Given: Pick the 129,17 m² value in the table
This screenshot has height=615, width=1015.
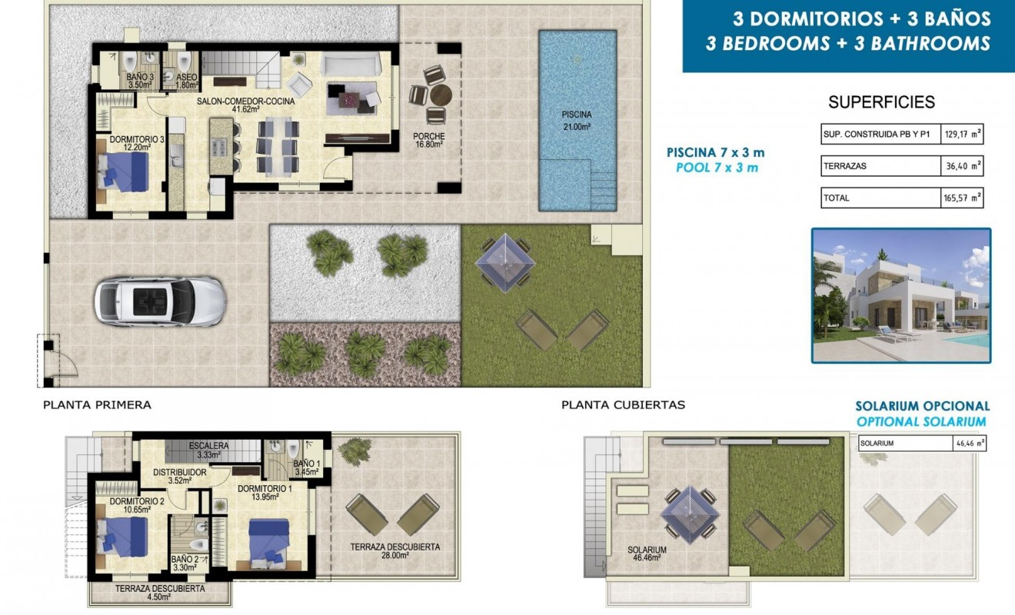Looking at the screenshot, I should coord(963,135).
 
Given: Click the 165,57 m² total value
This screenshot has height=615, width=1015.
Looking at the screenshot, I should coord(963,198).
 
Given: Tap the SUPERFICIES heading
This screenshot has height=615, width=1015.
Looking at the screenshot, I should coord(881,102).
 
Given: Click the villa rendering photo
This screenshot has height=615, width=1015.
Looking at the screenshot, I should coord(900,295).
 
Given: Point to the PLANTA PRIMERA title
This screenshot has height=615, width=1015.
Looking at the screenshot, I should coord(97,404).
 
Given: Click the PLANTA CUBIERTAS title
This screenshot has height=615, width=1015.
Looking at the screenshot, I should coord(623,404).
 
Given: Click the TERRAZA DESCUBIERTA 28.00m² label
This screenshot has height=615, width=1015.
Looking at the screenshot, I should coord(394,551).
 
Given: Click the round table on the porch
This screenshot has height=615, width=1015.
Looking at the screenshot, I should coord(441,96).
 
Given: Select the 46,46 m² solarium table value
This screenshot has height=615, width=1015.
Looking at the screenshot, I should coord(967,444).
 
